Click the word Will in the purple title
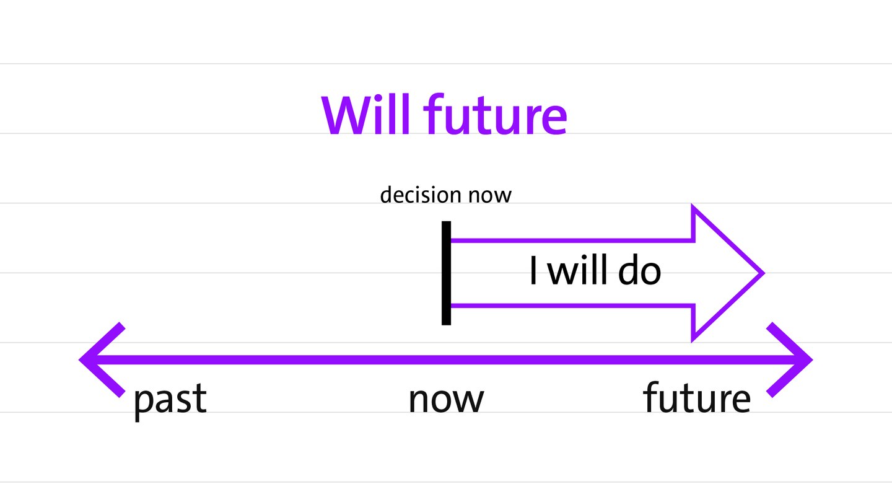coord(365,115)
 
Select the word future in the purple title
coord(495,115)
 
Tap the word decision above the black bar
coord(421,195)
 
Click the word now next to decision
coord(490,196)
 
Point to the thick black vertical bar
coord(446,273)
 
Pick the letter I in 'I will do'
coord(533,270)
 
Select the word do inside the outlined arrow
coord(639,270)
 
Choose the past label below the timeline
coord(170,400)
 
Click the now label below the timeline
coord(446,400)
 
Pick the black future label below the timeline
coord(697,397)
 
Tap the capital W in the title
coord(345,115)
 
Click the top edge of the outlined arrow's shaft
coord(572,240)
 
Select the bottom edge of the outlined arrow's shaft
coord(572,306)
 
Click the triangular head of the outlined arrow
coord(717,273)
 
